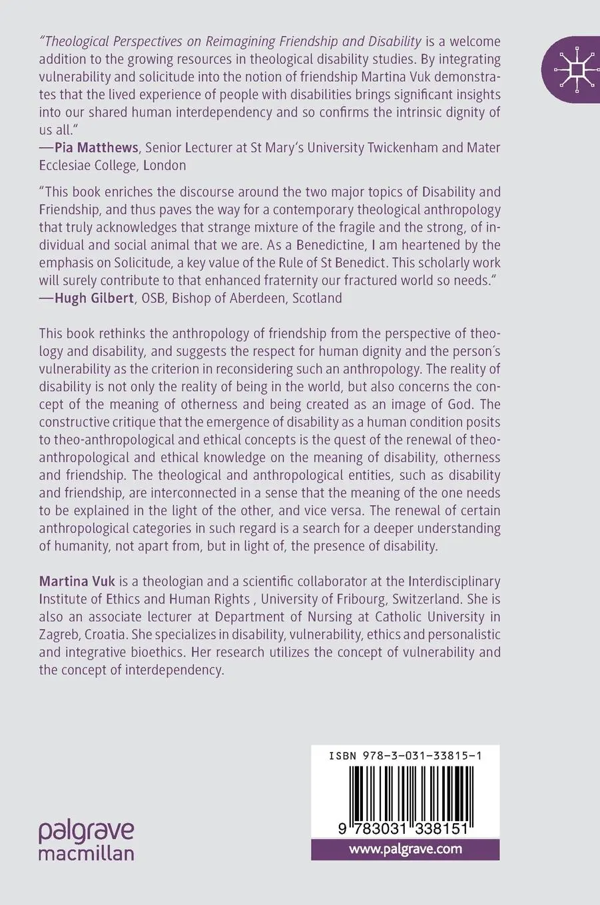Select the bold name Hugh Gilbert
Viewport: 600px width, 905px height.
point(94,298)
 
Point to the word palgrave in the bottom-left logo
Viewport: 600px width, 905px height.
point(86,832)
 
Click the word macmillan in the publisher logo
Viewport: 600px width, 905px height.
point(86,853)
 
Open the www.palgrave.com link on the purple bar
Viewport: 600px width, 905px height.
point(405,848)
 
